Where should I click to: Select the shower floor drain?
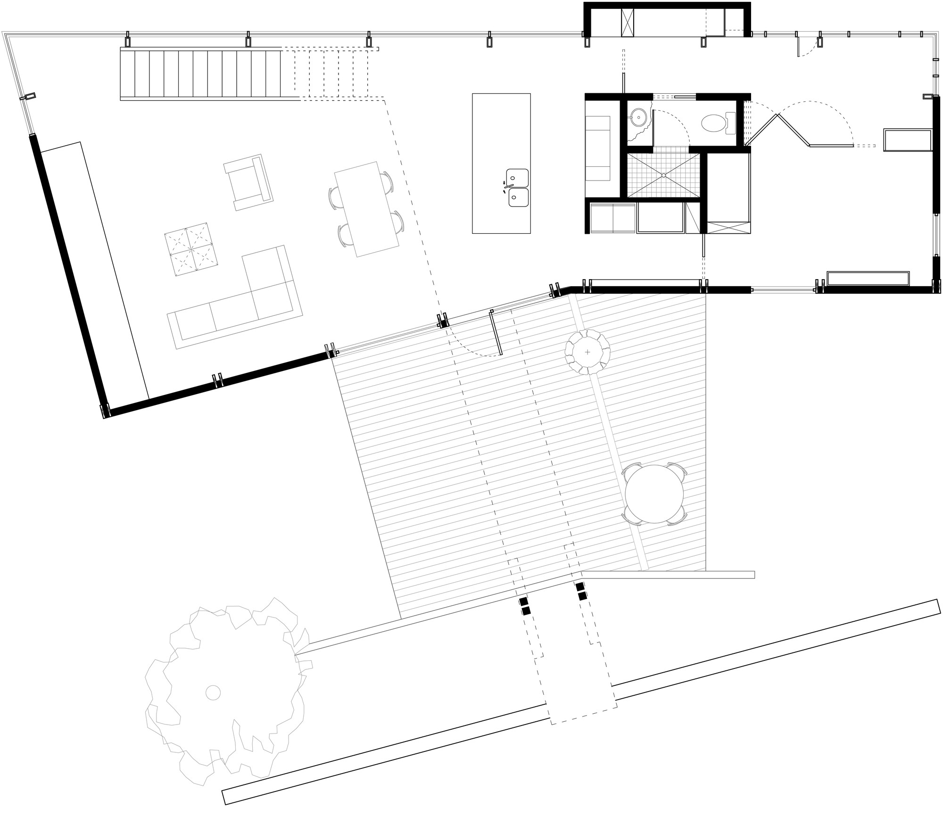click(663, 175)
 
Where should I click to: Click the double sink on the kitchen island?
click(517, 188)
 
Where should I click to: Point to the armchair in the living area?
click(248, 182)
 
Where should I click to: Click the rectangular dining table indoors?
click(366, 209)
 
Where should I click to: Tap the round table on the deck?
click(654, 494)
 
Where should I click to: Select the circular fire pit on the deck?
click(587, 352)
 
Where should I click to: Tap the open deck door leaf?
click(496, 335)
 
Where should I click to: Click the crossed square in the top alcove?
click(628, 22)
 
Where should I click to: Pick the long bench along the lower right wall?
click(868, 279)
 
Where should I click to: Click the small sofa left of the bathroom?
click(598, 148)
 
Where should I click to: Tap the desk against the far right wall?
click(908, 140)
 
